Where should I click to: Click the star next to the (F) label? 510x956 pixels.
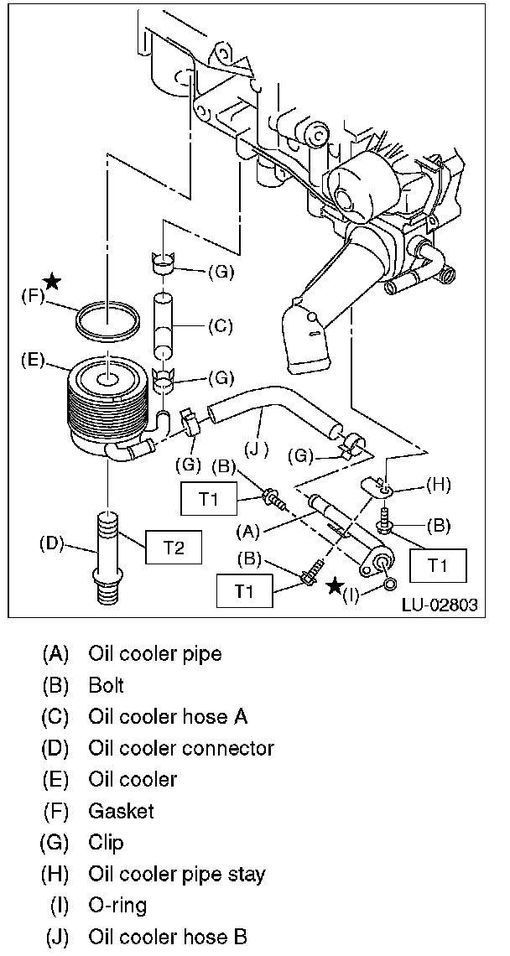(x=53, y=281)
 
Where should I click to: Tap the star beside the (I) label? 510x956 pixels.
(x=335, y=587)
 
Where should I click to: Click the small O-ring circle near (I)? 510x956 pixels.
(x=389, y=585)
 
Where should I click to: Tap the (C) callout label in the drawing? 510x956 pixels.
(x=220, y=327)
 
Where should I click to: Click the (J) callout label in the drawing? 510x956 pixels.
(x=258, y=450)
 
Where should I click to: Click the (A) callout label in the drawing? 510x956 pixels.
(x=247, y=532)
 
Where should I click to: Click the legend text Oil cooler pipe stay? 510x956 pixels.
(x=177, y=875)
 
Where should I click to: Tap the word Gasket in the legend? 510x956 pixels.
(x=121, y=812)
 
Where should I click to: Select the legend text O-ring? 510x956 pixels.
(x=117, y=907)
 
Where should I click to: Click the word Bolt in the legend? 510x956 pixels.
(x=107, y=686)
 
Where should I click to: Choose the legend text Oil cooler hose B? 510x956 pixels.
(x=168, y=937)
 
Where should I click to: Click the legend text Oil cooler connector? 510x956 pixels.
(x=181, y=748)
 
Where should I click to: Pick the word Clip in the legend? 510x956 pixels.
(x=106, y=844)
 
